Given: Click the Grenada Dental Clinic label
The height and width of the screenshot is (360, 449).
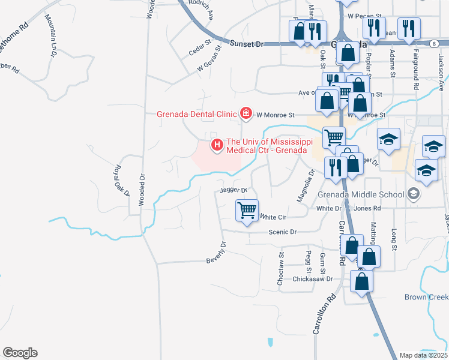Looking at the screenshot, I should [197, 113].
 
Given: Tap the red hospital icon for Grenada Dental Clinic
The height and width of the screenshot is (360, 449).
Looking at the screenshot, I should [245, 113].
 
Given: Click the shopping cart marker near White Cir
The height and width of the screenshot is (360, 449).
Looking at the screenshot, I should [247, 211].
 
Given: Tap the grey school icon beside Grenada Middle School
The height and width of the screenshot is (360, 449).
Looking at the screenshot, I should [413, 194].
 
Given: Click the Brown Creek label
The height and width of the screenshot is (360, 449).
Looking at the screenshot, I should [426, 297].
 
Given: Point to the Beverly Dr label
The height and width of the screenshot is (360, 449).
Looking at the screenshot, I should [215, 253].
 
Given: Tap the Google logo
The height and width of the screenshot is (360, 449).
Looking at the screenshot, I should [20, 353].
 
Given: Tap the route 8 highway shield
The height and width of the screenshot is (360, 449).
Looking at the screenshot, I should [433, 43].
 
